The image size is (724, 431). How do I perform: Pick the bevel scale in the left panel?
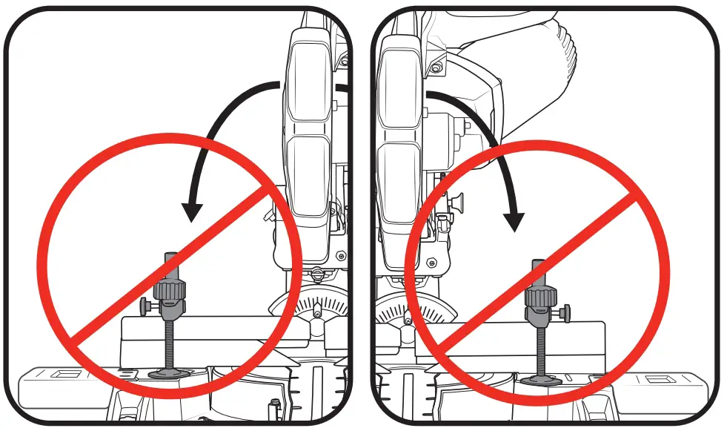[314, 304]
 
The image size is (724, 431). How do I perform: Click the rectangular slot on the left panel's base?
[63, 374]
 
